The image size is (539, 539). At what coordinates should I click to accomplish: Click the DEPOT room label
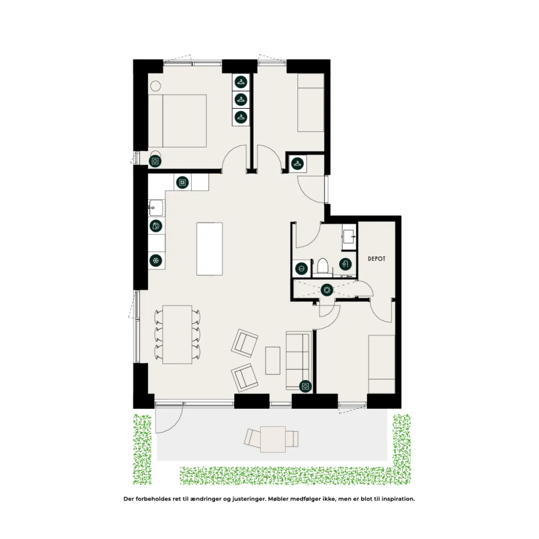point(376,259)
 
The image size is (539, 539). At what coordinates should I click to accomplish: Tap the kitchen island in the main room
point(209,249)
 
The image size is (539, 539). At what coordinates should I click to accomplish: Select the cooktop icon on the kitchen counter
point(183,183)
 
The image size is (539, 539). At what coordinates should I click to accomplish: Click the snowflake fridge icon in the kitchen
point(156,261)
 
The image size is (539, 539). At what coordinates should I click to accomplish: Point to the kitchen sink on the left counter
point(156,208)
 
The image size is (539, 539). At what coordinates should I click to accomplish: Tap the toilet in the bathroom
point(323,266)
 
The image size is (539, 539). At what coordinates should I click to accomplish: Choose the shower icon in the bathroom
point(345,264)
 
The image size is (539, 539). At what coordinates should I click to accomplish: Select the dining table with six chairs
point(177,334)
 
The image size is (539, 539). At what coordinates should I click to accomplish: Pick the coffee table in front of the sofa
point(272,360)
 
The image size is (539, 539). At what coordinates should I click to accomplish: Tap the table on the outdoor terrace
point(273,439)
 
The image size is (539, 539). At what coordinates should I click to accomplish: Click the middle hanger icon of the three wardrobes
point(241,99)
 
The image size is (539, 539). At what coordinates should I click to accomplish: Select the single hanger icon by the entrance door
point(298,163)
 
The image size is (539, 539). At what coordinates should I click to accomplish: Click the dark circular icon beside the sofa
point(305,387)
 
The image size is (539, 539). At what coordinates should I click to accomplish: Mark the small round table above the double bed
point(155,86)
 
